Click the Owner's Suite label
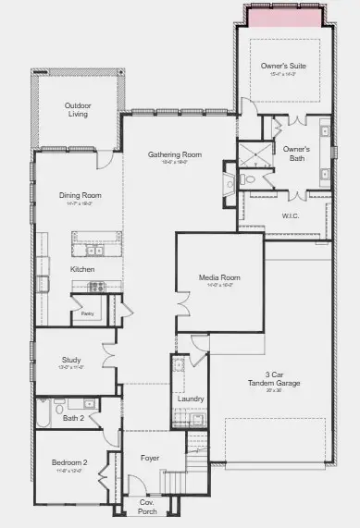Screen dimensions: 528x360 coord(284,65)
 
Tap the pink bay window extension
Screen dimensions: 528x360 coord(284,17)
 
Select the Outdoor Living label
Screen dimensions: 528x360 coord(78,109)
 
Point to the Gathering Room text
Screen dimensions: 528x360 coord(175,154)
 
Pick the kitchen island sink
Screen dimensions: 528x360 coord(94,250)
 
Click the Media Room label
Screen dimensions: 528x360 coord(219,277)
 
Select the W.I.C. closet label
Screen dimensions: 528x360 coord(292,216)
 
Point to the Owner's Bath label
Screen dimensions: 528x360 coord(296,153)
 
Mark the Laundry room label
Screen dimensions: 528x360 coord(190,399)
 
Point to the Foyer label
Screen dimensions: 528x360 coord(149,458)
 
